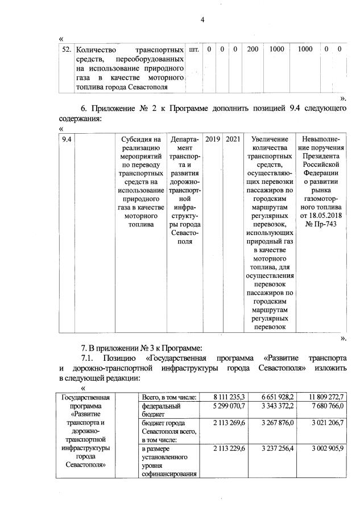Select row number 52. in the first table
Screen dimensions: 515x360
[66, 50]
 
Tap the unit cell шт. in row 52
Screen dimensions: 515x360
[194, 50]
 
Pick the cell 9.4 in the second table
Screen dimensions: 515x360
[67, 139]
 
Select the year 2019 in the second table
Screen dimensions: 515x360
[213, 139]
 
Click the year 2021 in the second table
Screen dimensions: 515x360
[233, 139]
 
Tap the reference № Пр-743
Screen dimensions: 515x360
[322, 225]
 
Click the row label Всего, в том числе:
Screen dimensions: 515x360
[169, 397]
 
